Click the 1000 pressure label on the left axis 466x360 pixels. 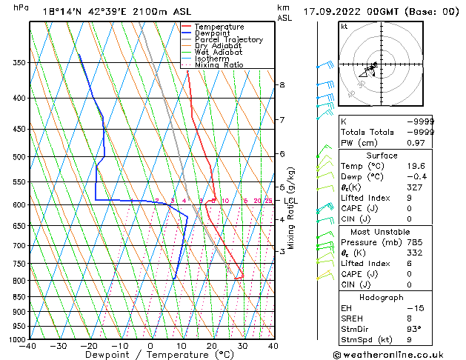coord(16,339)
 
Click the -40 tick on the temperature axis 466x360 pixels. coord(29,346)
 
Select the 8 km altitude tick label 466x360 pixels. coord(282,85)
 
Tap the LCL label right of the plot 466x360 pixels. coord(290,201)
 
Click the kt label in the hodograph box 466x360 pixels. coord(344,27)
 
